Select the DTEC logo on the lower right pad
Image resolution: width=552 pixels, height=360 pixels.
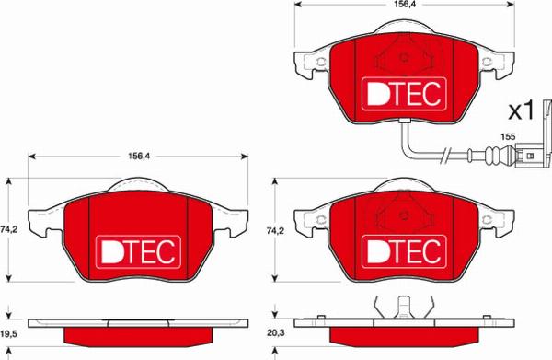403,250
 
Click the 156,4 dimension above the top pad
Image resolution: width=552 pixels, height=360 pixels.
404,4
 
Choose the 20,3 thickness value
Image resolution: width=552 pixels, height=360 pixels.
274,337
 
